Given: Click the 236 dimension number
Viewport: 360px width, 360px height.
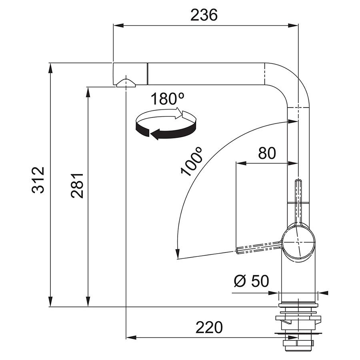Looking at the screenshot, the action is [x=204, y=15].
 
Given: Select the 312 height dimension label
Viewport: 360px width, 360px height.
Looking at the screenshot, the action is [x=38, y=180].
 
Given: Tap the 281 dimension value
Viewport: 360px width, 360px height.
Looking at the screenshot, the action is [x=77, y=186].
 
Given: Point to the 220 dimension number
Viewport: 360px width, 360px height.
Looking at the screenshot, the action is [x=209, y=327].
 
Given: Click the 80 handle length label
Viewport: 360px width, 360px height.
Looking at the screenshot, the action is [x=267, y=153].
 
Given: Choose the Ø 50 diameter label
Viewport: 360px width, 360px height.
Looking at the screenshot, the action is [x=252, y=281].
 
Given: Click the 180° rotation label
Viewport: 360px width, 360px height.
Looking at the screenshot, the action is [x=167, y=99].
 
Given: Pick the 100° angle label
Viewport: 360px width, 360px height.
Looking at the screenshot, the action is [x=192, y=162].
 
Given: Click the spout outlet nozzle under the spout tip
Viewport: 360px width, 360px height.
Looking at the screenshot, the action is [x=126, y=83].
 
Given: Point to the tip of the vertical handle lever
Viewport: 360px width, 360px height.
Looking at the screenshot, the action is [x=298, y=181].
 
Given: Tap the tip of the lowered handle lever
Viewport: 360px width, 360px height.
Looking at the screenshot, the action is [x=237, y=250].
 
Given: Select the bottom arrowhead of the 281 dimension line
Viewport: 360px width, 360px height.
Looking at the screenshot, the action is [x=88, y=302].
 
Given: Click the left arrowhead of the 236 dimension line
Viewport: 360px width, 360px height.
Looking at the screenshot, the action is [x=118, y=25].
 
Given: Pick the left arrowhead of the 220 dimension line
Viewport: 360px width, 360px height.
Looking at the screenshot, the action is [x=131, y=337].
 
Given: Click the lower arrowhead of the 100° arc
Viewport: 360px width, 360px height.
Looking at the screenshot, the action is [x=177, y=254].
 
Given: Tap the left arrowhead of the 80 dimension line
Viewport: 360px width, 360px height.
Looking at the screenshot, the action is [x=241, y=164].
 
